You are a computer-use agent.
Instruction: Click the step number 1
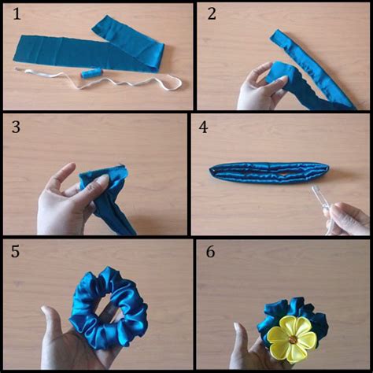click(x=17, y=14)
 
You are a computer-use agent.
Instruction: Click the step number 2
click(x=212, y=14)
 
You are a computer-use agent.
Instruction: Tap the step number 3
click(x=16, y=127)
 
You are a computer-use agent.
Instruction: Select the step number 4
click(x=203, y=127)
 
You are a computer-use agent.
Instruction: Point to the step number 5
click(x=15, y=251)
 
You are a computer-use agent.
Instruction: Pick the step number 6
click(x=210, y=251)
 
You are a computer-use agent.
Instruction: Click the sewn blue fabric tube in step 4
click(x=269, y=173)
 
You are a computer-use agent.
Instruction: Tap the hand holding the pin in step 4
click(x=348, y=219)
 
